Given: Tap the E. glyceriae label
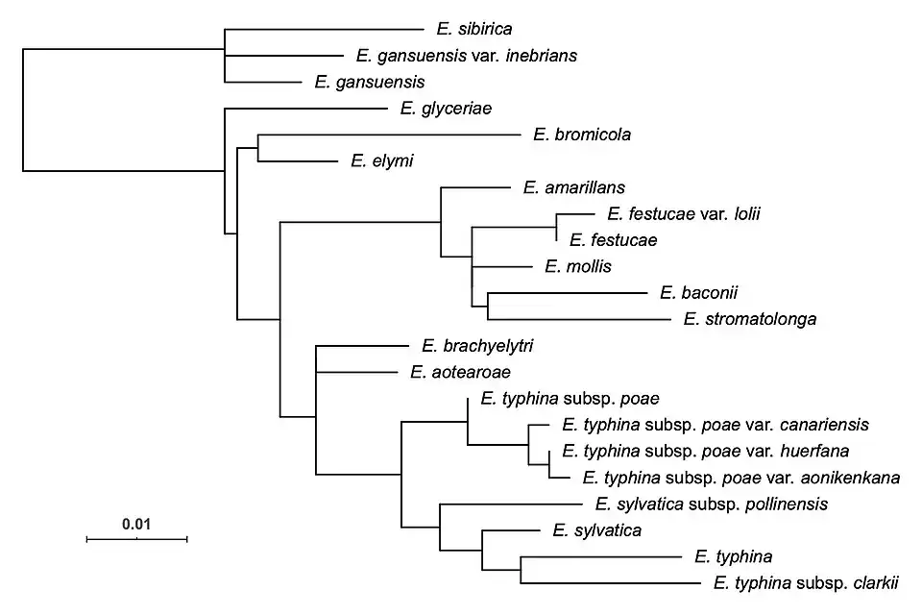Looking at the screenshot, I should [446, 109].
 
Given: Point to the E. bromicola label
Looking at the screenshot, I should [581, 135].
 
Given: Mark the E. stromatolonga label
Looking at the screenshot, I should [749, 319].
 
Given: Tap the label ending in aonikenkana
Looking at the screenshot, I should [735, 477].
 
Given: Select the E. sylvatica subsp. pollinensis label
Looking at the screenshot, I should [711, 503].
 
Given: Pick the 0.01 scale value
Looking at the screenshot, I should [136, 525].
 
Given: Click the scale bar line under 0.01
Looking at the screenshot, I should [136, 540].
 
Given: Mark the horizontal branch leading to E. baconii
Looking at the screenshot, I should [568, 293].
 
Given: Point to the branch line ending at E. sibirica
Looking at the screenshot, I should [322, 30].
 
